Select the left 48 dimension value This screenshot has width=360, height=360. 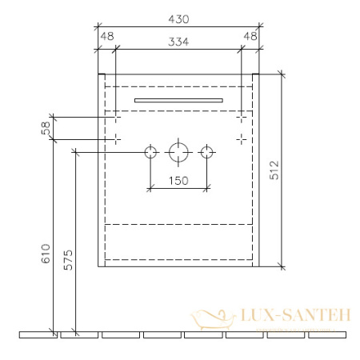[x=106, y=36]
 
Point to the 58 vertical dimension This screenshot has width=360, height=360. [x=46, y=127]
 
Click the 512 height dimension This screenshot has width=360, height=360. [x=296, y=169]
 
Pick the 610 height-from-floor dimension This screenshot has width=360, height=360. [x=46, y=254]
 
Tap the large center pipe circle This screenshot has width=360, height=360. [x=178, y=152]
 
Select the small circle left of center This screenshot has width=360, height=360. [x=150, y=152]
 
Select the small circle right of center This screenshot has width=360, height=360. [x=207, y=152]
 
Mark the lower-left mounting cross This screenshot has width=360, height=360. [x=117, y=138]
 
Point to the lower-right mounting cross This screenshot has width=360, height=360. [x=241, y=138]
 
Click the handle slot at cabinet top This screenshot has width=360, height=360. [x=178, y=99]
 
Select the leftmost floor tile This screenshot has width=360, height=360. [x=37, y=334]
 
